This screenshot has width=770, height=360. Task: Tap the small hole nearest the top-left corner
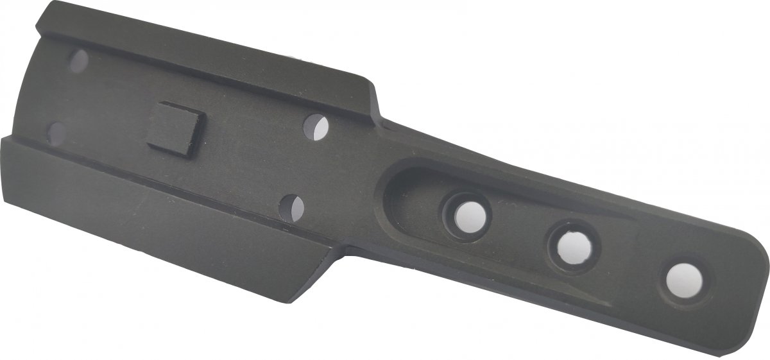[80, 61]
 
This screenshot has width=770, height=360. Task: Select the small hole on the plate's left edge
[56, 132]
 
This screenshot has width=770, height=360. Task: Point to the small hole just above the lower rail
[293, 208]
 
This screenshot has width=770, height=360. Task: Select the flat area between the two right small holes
[305, 167]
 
